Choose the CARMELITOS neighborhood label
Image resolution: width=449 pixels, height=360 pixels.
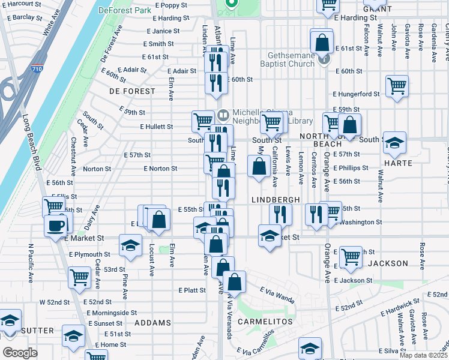click(x=265, y=322)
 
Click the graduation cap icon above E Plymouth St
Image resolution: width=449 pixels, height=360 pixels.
click(x=130, y=244)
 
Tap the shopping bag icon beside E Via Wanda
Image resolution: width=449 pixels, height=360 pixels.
click(x=236, y=282)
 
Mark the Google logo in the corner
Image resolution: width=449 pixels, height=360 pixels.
click(x=20, y=353)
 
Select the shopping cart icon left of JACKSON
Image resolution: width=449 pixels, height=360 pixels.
click(x=351, y=256)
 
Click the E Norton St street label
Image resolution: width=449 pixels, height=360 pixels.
click(x=160, y=169)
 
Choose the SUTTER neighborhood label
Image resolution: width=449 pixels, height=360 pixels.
click(x=37, y=331)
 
